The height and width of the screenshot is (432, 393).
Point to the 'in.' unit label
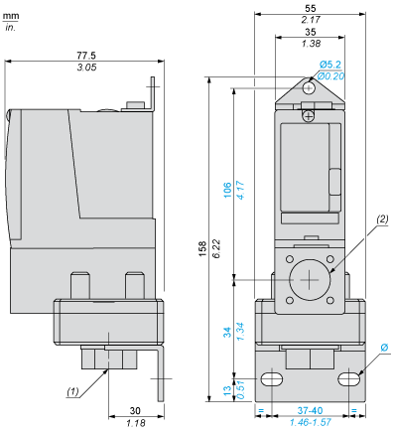10,27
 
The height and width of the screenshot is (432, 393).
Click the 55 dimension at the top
312,8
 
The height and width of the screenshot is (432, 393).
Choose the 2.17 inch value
312,20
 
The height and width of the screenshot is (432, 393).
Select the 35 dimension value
312,32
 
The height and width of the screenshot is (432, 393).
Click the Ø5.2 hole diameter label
332,65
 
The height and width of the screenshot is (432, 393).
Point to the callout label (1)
73,392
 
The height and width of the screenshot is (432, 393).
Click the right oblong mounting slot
348,378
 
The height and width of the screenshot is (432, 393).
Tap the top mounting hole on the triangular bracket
311,87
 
